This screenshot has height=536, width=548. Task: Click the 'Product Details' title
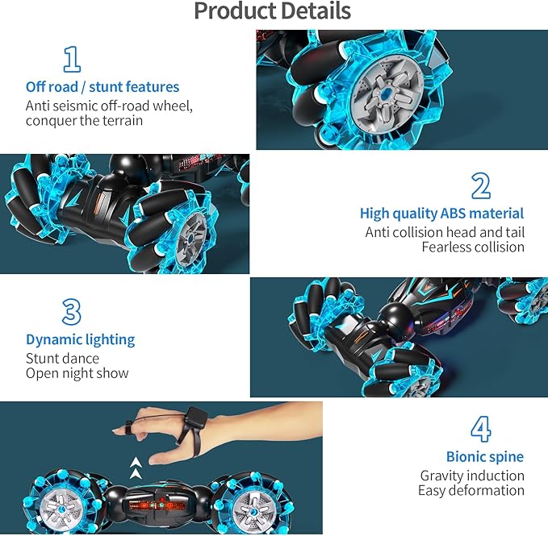(272, 11)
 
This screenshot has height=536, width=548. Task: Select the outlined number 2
(480, 186)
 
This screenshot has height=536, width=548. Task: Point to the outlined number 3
(72, 312)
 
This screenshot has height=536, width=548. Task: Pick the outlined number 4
(480, 429)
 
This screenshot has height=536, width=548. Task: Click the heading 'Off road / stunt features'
(102, 86)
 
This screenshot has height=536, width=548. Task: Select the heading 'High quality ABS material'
(441, 214)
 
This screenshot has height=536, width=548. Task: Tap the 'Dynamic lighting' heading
(80, 339)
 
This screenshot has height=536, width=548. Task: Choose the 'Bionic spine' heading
(485, 456)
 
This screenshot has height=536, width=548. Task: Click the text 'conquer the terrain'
(84, 121)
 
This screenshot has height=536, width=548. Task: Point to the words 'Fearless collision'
(473, 247)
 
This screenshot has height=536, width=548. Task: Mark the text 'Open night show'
(77, 373)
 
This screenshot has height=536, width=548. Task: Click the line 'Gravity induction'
(472, 476)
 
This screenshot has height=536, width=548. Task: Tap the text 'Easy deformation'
(471, 490)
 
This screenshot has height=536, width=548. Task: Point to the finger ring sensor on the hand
(129, 425)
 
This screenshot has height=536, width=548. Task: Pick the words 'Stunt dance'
(62, 358)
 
